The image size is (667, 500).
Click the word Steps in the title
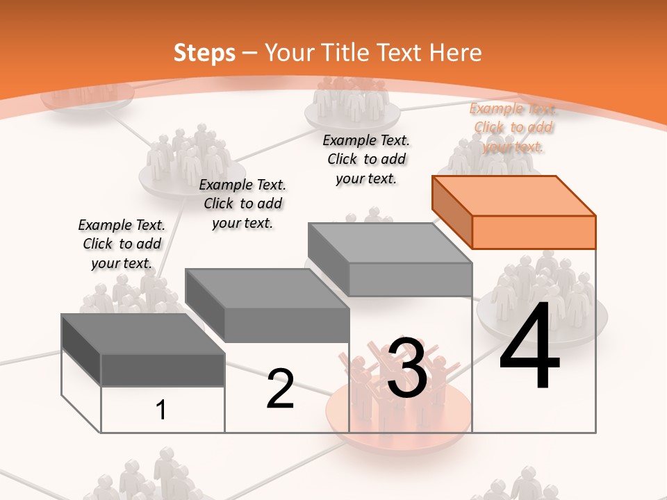pyautogui.click(x=204, y=53)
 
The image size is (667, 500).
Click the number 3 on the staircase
pyautogui.click(x=406, y=368)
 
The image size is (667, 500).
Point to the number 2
pyautogui.click(x=280, y=389)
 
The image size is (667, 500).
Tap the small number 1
pyautogui.click(x=161, y=410)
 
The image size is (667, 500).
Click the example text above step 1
pyautogui.click(x=122, y=244)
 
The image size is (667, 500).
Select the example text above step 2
pyautogui.click(x=242, y=203)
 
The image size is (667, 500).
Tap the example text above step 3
pyautogui.click(x=366, y=159)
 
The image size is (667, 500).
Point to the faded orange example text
pyautogui.click(x=513, y=128)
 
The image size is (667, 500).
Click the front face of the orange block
pyautogui.click(x=534, y=232)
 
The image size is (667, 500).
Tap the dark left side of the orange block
pyautogui.click(x=452, y=212)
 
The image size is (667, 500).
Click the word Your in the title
pyautogui.click(x=290, y=53)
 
